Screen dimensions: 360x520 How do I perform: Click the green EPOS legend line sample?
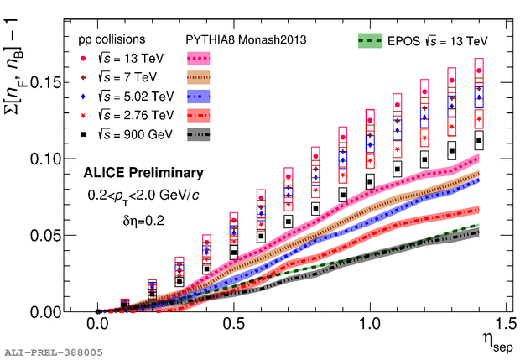[x=369, y=39]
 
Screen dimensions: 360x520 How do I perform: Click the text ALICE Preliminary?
[x=143, y=174]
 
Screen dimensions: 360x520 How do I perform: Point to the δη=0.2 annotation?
[x=143, y=222]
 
